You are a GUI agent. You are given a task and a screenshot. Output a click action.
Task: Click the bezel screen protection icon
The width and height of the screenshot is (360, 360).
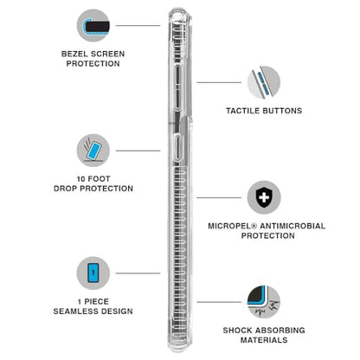point(93,25)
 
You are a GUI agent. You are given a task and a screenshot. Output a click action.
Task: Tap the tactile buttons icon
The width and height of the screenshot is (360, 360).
point(264,82)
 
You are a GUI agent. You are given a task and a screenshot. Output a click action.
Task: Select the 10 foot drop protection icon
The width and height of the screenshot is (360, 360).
point(93,151)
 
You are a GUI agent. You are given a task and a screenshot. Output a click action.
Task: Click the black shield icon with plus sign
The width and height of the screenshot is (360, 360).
point(264,197)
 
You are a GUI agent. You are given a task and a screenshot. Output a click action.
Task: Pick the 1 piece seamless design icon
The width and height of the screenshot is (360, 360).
point(93,273)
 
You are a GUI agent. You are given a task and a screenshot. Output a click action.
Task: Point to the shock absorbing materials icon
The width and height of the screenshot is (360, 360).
point(264,302)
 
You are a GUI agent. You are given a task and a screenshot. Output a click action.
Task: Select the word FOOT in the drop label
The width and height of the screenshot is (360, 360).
point(99,179)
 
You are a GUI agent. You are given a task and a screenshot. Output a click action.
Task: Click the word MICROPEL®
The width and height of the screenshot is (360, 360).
point(233,226)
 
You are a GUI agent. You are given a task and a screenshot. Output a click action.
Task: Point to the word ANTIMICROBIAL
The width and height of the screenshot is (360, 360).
point(292,226)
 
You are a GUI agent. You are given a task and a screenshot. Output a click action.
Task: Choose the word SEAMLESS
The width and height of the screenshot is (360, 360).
point(73,312)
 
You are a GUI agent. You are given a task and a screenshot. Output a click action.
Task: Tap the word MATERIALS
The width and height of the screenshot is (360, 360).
point(264,340)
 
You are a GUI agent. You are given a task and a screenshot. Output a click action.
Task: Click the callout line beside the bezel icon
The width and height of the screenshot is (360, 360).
point(138,25)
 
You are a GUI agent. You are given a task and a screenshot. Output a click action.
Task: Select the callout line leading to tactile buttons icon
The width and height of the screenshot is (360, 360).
point(219,82)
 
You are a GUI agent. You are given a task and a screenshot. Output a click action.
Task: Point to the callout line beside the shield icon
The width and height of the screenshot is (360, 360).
point(219,197)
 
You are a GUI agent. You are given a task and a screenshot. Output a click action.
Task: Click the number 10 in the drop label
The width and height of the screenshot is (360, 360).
point(80,179)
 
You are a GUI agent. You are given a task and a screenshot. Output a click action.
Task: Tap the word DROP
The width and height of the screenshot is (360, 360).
point(65,189)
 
